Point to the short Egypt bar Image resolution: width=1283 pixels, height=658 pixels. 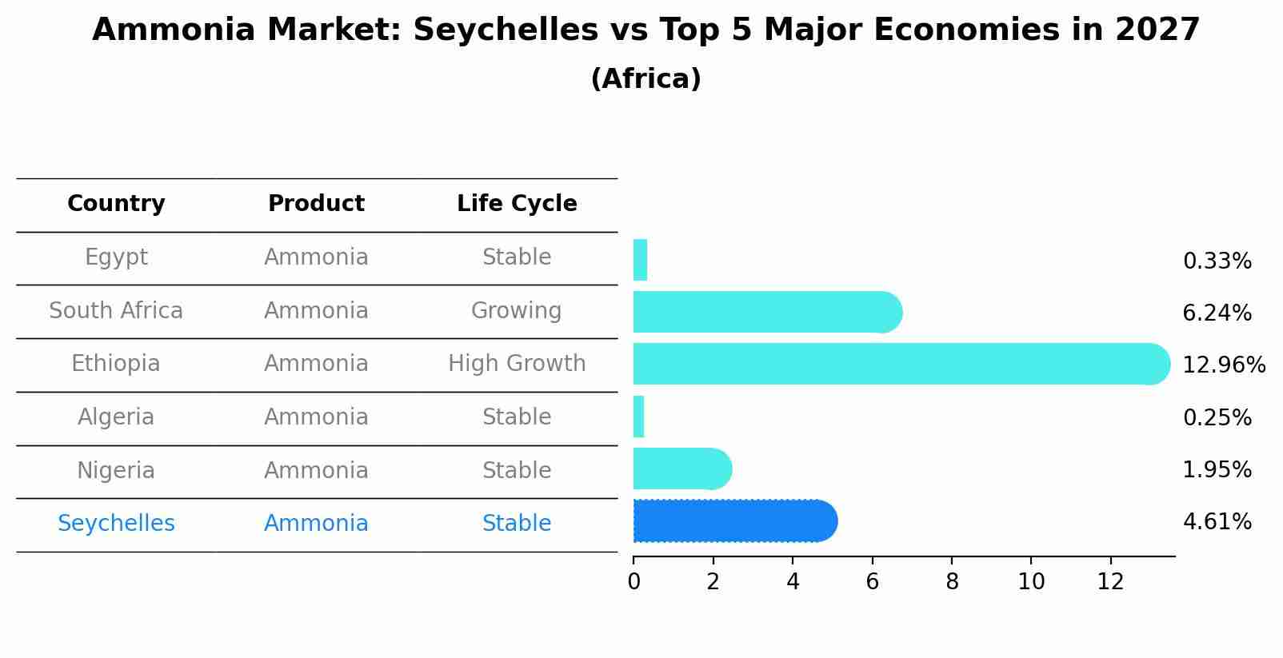click(x=640, y=260)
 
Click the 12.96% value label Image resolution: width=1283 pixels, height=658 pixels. click(x=1224, y=365)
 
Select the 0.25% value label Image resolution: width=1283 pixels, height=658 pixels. click(x=1217, y=417)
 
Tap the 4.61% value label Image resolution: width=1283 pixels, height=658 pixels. click(x=1217, y=522)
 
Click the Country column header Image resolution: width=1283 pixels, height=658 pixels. click(x=116, y=204)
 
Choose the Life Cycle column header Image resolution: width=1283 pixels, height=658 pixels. click(x=517, y=204)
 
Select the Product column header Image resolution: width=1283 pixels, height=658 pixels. click(x=316, y=204)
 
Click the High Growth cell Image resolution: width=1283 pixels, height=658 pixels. click(x=517, y=364)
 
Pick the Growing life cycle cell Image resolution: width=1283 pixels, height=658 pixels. click(x=517, y=310)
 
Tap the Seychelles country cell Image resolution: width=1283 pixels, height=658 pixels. click(x=116, y=524)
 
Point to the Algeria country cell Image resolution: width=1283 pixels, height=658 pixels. click(x=116, y=417)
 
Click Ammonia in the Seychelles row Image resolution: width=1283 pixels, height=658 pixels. click(x=316, y=524)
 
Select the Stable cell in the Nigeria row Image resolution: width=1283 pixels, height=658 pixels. click(x=517, y=470)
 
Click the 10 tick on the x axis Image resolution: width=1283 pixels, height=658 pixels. click(x=1031, y=582)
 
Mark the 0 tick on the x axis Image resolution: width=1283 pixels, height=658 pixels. click(x=634, y=582)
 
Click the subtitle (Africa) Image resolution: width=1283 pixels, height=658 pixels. click(x=645, y=79)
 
